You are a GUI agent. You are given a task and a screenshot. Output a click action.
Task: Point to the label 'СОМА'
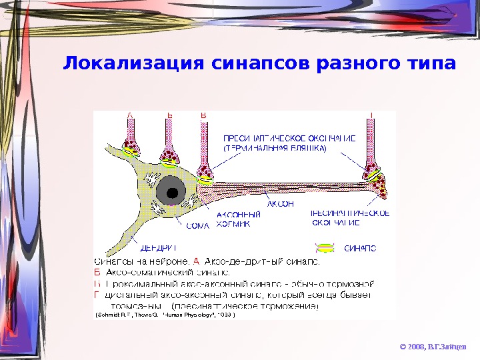(197, 225)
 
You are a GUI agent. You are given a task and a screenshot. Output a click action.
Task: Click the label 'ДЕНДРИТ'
(154, 247)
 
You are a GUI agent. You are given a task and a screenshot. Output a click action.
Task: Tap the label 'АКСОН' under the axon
(280, 204)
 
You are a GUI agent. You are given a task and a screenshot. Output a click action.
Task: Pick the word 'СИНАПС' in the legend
(360, 248)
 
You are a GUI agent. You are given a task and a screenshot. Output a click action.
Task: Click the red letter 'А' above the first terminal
(130, 115)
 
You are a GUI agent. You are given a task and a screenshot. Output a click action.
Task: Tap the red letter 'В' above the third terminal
(204, 115)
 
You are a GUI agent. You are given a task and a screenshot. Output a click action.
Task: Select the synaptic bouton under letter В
(206, 175)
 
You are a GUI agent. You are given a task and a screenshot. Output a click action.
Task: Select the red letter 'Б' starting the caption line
(97, 271)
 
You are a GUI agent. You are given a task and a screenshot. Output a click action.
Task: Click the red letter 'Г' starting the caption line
(97, 294)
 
